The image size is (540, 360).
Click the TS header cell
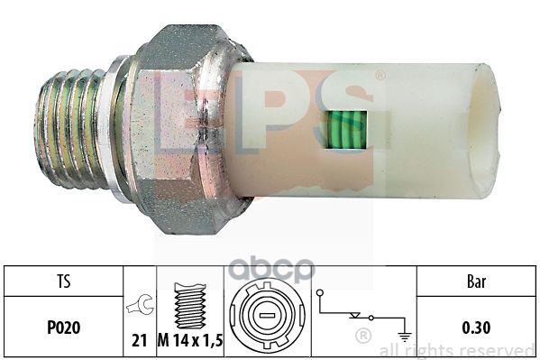pos(64,281)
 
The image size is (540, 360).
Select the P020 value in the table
pos(64,328)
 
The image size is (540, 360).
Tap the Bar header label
pos(476,282)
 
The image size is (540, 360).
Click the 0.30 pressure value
pos(476,328)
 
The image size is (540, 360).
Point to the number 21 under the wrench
pos(140,341)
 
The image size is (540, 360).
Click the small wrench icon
pos(140,304)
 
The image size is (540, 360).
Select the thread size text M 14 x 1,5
pos(190,341)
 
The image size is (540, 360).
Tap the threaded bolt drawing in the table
pos(190,305)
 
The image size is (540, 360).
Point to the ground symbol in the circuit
pos(404,335)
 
